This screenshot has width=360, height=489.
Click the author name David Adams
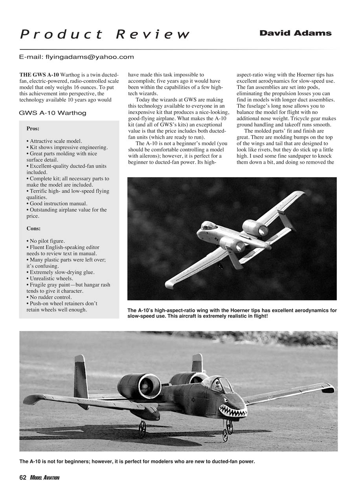(295, 33)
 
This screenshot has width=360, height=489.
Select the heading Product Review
(105, 34)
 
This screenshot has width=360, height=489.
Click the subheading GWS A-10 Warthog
(52, 113)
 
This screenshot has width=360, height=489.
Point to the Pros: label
(33, 128)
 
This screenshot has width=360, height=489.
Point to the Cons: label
(33, 228)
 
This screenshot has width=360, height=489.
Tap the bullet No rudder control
(49, 297)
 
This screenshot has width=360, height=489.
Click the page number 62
(23, 478)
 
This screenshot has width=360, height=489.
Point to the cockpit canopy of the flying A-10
(209, 225)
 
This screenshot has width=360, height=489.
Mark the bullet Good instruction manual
(57, 203)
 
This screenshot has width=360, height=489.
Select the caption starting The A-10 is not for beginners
(137, 462)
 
